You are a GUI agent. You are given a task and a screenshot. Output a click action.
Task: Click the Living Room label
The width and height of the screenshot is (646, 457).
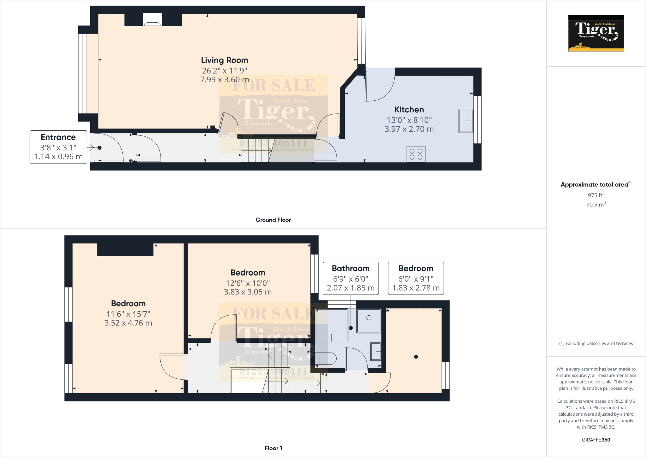tap(225, 60)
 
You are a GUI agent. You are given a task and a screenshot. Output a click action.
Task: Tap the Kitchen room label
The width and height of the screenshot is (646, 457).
tap(409, 110)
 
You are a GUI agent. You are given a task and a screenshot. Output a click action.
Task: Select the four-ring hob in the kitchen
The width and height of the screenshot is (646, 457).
tap(416, 154)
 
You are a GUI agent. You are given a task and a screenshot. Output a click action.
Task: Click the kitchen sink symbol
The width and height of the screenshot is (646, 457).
tap(466, 121)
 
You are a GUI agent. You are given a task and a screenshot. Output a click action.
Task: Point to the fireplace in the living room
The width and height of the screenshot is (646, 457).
tap(153, 20)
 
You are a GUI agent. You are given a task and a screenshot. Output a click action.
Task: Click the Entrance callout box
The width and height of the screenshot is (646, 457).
tap(58, 147)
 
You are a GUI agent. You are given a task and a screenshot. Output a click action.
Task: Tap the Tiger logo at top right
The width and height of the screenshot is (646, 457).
tap(596, 33)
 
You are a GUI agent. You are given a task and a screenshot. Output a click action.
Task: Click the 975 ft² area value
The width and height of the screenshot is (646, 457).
tap(596, 195)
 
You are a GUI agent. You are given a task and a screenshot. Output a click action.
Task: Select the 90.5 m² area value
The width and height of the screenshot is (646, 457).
tap(596, 205)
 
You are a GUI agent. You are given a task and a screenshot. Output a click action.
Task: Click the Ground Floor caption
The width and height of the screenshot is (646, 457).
tap(273, 220)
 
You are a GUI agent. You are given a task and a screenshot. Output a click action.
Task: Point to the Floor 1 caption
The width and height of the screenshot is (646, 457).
tap(273, 448)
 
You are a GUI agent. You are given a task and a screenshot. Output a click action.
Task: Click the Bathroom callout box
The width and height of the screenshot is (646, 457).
tap(351, 278)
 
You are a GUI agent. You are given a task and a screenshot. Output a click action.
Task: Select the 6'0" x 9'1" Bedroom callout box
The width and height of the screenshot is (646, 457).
tap(416, 278)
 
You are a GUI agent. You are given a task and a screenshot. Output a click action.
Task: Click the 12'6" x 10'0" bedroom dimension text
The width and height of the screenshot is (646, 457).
tap(248, 283)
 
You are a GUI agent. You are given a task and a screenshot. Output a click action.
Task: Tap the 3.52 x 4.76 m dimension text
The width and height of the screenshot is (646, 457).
tap(128, 323)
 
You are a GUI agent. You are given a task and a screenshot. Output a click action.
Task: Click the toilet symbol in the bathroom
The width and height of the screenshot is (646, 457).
tap(326, 359)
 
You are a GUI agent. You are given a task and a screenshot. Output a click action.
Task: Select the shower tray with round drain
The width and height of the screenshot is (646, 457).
tap(369, 320)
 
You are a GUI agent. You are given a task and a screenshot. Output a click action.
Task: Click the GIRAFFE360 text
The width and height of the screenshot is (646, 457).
tap(596, 440)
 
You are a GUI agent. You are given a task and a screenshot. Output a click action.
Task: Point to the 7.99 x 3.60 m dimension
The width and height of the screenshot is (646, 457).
tap(225, 80)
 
